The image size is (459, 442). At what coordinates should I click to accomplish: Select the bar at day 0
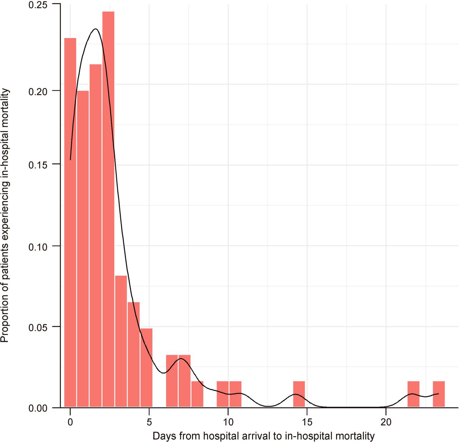tap(70, 223)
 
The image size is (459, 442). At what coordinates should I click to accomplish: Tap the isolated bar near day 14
tap(299, 394)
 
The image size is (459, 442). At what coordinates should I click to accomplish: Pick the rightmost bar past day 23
tap(439, 394)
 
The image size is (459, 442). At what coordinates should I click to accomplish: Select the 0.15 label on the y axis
tap(38, 164)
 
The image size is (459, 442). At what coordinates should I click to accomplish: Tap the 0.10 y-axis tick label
tap(38, 246)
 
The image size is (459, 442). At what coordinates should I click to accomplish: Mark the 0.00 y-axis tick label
tap(38, 408)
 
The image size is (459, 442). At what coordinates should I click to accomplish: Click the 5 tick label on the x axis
tap(149, 422)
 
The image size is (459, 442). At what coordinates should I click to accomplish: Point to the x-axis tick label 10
tap(228, 422)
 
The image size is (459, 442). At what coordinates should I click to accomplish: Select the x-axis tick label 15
tap(307, 422)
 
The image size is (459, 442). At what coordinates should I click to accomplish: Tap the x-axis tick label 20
tap(386, 422)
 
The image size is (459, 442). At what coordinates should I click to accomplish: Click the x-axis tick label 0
tap(70, 422)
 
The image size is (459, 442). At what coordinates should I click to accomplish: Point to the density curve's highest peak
tap(95, 29)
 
